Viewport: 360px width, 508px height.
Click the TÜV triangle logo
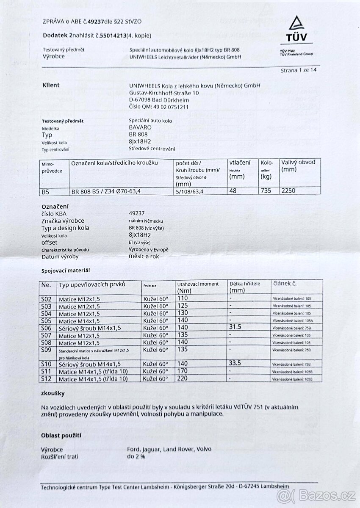[296, 24]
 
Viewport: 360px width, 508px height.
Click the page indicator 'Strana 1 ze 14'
[298, 70]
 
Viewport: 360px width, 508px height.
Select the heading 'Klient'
[51, 85]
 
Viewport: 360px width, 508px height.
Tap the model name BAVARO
[139, 127]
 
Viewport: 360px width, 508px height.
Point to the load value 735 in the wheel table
[266, 190]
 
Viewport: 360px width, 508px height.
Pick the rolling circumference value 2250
[288, 190]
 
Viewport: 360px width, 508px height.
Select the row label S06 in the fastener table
[46, 328]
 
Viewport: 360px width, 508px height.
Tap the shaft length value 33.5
[236, 363]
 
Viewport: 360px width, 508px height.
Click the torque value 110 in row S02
[183, 299]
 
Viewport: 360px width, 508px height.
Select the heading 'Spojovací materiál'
[65, 270]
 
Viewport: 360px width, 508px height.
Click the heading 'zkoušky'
[53, 393]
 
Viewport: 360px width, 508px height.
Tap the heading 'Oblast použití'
[61, 435]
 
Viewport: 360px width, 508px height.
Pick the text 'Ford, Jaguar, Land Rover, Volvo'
[169, 449]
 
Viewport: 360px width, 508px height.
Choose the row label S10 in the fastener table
[46, 364]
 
